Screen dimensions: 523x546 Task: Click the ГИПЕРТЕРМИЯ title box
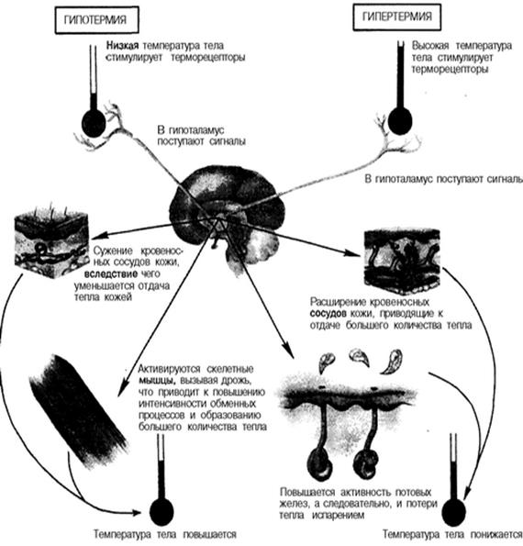[397, 17]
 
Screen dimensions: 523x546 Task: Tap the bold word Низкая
[123, 46]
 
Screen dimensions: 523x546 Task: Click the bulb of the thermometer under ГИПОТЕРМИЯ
[94, 123]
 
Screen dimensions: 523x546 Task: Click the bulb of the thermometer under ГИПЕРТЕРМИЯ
[400, 121]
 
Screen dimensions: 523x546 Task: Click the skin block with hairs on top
[51, 241]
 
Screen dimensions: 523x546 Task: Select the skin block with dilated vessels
[402, 261]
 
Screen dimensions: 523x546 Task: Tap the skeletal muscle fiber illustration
[77, 410]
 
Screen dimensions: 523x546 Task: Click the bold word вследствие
[111, 273]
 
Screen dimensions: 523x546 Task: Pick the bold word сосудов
[328, 314]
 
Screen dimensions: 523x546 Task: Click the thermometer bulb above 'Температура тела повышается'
[161, 512]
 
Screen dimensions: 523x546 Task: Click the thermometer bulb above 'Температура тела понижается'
[453, 512]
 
